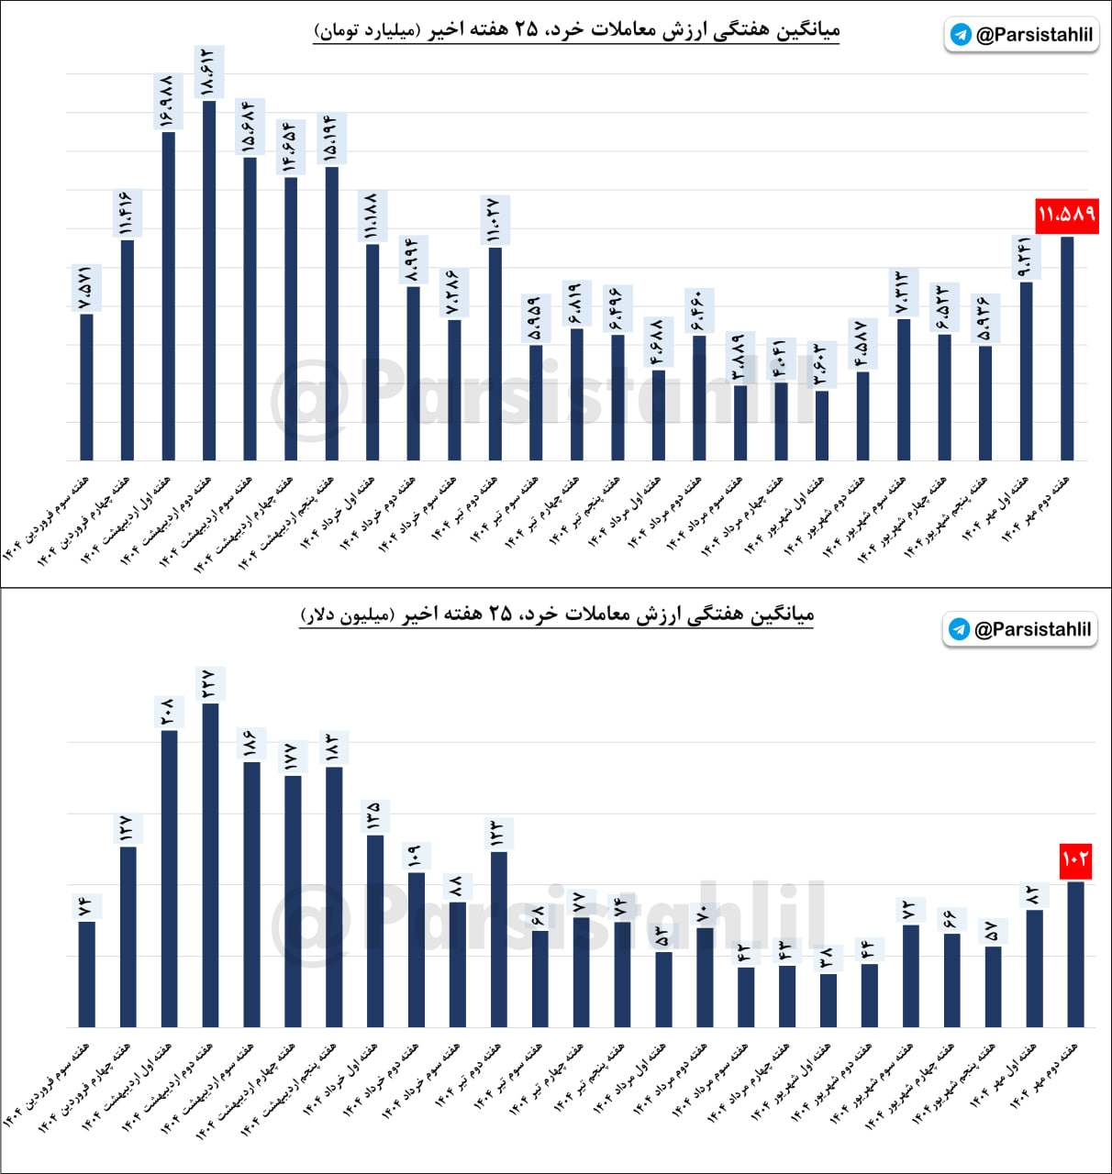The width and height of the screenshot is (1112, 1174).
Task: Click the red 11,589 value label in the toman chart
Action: point(1067,216)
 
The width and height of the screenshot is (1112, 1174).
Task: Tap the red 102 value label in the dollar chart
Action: point(1075,860)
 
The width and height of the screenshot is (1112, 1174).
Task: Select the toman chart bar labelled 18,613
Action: point(209,280)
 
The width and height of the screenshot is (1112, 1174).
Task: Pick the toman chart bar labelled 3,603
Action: point(822,426)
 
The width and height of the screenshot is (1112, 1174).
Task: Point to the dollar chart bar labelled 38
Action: point(828,1001)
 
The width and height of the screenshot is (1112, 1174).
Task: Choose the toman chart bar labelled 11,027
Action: point(495,353)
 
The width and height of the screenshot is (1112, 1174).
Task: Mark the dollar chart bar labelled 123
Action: point(499,939)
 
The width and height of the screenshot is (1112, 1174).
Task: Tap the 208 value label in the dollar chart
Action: point(169,712)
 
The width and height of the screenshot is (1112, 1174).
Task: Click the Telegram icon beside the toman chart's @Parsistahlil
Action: point(961,35)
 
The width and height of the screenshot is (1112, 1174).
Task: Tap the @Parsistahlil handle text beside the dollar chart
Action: point(1032,629)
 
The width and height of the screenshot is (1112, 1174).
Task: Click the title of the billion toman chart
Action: point(576,30)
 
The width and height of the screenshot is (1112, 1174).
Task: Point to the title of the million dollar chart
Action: point(557,614)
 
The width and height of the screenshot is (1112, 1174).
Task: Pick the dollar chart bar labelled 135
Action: point(375,931)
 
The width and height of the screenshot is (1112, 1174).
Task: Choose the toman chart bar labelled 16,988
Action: point(168,295)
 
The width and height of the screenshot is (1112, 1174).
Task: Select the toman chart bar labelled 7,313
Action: point(904,389)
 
